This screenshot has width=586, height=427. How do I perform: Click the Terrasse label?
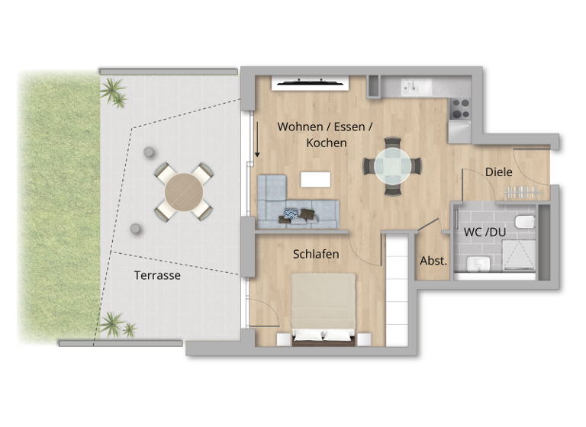pyautogui.click(x=157, y=275)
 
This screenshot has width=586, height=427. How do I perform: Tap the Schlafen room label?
pyautogui.click(x=316, y=254)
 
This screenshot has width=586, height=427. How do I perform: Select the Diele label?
pyautogui.click(x=499, y=172)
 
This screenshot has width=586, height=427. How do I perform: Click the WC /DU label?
pyautogui.click(x=485, y=231)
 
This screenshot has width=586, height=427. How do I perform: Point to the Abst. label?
pyautogui.click(x=433, y=261)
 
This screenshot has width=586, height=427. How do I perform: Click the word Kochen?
pyautogui.click(x=326, y=143)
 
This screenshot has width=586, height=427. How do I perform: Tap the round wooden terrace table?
pyautogui.click(x=184, y=191)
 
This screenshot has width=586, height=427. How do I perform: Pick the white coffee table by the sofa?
pyautogui.click(x=316, y=179)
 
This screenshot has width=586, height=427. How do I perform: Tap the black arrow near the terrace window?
pyautogui.click(x=258, y=143)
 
